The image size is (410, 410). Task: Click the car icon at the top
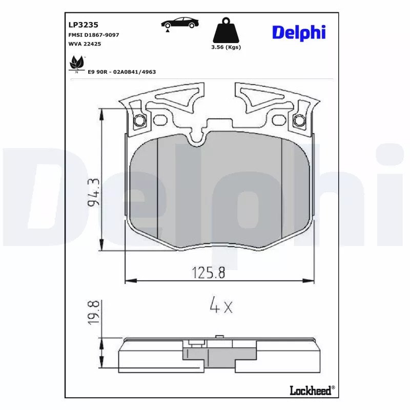point(177,23)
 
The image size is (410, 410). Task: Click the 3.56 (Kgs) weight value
point(226,47)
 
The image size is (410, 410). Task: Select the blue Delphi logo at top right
point(298,32)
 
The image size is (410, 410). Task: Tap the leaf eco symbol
point(76,64)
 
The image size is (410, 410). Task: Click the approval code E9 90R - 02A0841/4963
point(121,72)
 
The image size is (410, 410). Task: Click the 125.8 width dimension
point(208,273)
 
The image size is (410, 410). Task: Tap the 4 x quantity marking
point(221,306)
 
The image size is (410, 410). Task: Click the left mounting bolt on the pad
point(139,121)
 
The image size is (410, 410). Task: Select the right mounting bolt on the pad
point(299,121)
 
